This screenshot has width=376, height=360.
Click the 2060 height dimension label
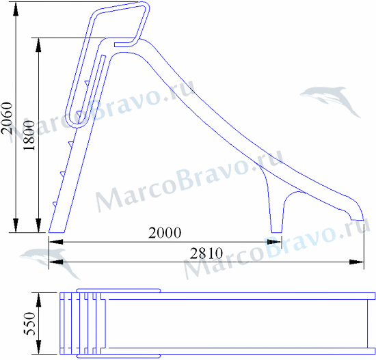pyautogui.click(x=7, y=118)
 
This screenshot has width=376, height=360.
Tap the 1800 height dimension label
pyautogui.click(x=29, y=135)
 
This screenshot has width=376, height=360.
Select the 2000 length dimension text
pyautogui.click(x=165, y=233)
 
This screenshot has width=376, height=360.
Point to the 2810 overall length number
pyautogui.click(x=206, y=253)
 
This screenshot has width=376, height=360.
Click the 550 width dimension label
pyautogui.click(x=29, y=324)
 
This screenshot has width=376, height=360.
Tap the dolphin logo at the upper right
pyautogui.click(x=330, y=101)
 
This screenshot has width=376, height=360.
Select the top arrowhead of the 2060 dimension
pyautogui.click(x=16, y=9)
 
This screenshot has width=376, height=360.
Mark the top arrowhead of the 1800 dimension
pyautogui.click(x=38, y=45)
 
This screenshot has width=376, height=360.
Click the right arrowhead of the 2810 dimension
pyautogui.click(x=357, y=262)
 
